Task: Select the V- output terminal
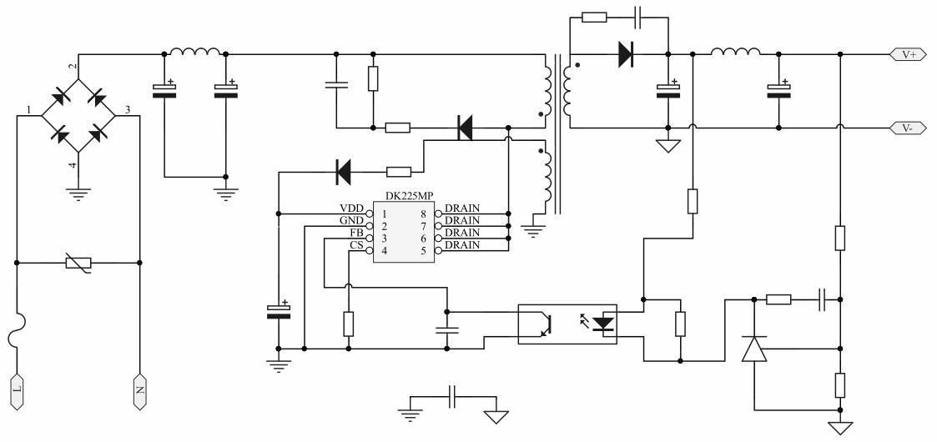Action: click(908, 128)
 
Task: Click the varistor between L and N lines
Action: click(78, 263)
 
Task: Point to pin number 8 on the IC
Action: click(426, 213)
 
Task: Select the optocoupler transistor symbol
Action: click(542, 324)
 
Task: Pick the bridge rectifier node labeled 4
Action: click(73, 165)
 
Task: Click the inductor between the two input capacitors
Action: click(195, 53)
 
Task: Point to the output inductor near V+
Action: click(735, 53)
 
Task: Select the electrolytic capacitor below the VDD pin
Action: click(279, 311)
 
